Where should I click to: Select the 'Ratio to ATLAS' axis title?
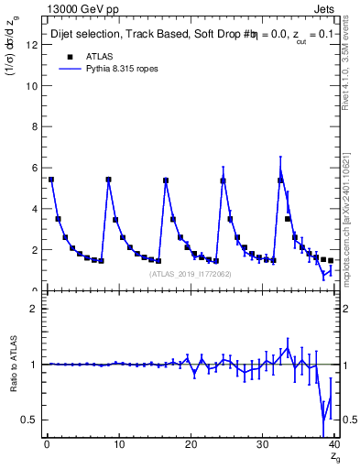[13, 365]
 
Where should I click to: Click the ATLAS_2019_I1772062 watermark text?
[191, 274]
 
